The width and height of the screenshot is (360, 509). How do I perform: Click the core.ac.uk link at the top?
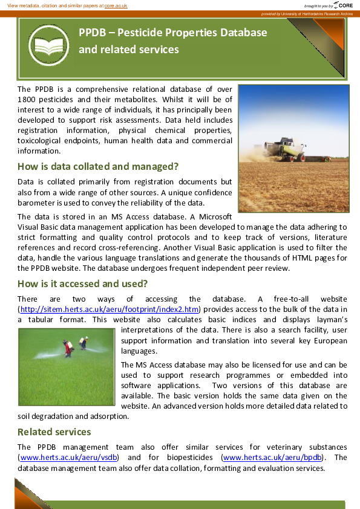point(116,5)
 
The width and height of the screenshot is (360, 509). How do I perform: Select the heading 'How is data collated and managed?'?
point(99,166)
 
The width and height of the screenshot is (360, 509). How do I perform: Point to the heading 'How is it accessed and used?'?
point(83,284)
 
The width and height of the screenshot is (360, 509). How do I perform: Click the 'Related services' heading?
point(54,432)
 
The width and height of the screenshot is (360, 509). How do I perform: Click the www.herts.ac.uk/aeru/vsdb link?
point(68,457)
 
